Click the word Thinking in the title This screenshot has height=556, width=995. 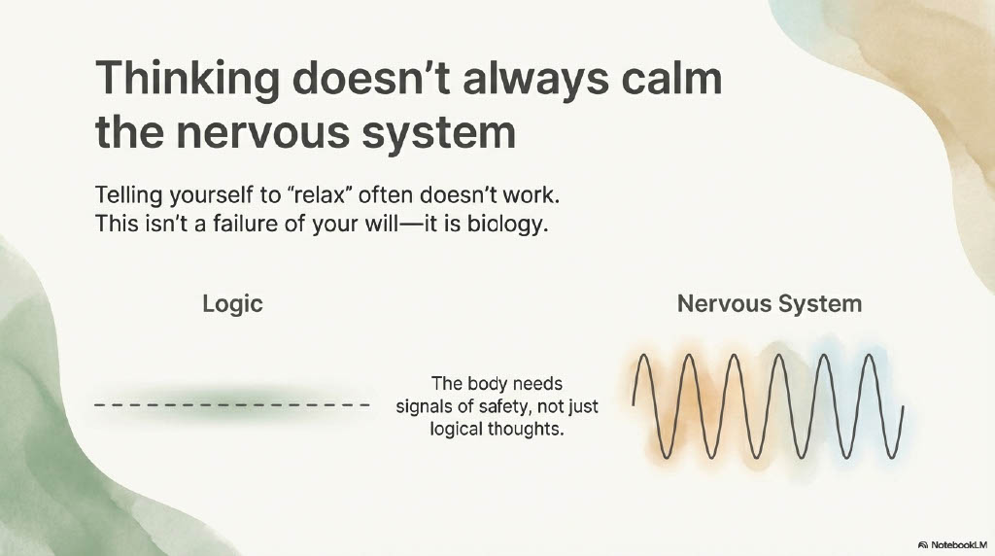tap(188, 81)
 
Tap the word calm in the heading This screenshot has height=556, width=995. tap(671, 78)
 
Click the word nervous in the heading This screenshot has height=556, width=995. tap(262, 133)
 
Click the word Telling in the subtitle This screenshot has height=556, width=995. tap(129, 194)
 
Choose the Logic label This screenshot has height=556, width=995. tap(232, 304)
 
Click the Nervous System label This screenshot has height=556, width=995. tap(770, 303)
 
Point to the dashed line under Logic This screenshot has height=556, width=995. tap(232, 405)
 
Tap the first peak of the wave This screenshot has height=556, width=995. tap(643, 356)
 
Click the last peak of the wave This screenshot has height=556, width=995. tap(869, 356)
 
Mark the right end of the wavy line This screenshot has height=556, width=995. tap(903, 407)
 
